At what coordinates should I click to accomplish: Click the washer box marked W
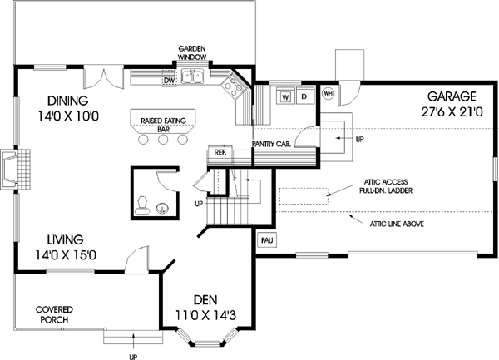coord(285,96)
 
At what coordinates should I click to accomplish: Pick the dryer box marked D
coord(304,96)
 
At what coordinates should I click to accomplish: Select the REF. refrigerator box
coord(220,153)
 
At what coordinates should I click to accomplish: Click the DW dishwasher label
coord(167,81)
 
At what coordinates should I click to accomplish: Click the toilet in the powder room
coord(143,202)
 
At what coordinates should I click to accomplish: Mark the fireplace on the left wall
coord(16,171)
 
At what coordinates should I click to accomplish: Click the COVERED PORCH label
coord(52,313)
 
